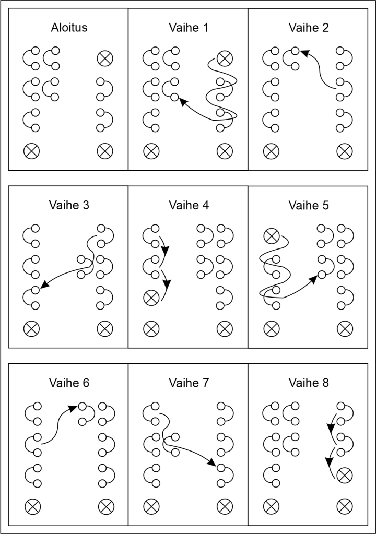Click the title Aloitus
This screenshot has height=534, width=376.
(x=69, y=28)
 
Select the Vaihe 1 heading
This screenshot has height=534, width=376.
(x=189, y=28)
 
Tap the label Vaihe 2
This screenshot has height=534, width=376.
(x=309, y=28)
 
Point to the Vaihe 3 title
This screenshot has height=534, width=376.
(x=69, y=205)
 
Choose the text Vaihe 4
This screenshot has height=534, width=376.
(x=189, y=205)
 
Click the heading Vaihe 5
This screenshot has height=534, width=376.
(x=309, y=205)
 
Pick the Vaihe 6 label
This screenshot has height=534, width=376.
(x=69, y=383)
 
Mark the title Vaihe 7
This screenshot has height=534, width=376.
(x=189, y=383)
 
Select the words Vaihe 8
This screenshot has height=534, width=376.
(x=309, y=383)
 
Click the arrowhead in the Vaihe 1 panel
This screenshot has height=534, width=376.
(x=183, y=103)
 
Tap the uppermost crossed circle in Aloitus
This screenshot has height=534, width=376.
(x=104, y=58)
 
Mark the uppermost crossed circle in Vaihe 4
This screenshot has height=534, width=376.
(x=151, y=298)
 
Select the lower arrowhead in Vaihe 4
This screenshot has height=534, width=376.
(x=168, y=284)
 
